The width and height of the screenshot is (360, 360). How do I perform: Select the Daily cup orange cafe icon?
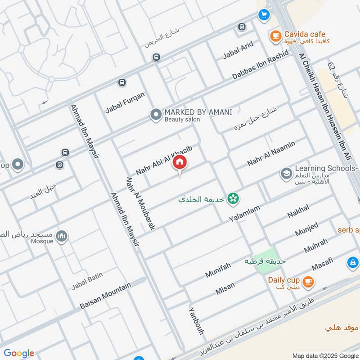click(308, 282)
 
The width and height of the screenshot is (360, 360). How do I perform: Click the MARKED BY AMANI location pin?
click(156, 115)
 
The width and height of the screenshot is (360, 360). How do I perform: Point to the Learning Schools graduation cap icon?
click(286, 173)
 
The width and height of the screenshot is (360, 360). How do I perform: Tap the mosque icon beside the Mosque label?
click(62, 236)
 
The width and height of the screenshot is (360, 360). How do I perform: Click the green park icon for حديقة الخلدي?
click(233, 198)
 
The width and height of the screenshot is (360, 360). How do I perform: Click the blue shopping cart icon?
click(263, 15)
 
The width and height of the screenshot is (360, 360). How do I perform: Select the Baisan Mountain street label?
click(105, 296)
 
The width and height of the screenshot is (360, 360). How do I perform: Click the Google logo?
click(19, 353)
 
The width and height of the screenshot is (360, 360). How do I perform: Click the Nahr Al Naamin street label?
click(271, 153)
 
